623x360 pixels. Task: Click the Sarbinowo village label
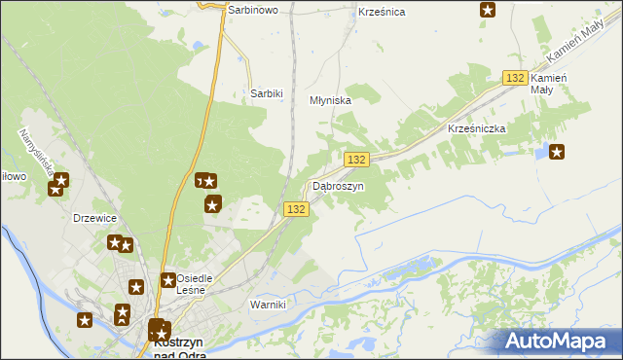pyautogui.click(x=253, y=9)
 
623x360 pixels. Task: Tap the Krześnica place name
pyautogui.click(x=381, y=12)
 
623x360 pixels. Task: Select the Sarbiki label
pyautogui.click(x=266, y=93)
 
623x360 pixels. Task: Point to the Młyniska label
pyautogui.click(x=329, y=100)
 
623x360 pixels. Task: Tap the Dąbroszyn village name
pyautogui.click(x=338, y=186)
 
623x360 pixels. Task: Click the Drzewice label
pyautogui.click(x=95, y=218)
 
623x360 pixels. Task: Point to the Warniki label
pyautogui.click(x=268, y=305)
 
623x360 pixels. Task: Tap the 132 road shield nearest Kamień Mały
pyautogui.click(x=516, y=78)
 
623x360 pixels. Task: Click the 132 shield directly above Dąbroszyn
pyautogui.click(x=356, y=160)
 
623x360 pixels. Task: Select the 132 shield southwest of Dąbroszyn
pyautogui.click(x=297, y=209)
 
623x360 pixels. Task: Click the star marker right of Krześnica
pyautogui.click(x=488, y=10)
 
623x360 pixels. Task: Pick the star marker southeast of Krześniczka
pyautogui.click(x=557, y=151)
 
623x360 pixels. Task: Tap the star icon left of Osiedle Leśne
pyautogui.click(x=136, y=286)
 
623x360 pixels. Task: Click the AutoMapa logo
pyautogui.click(x=559, y=341)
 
